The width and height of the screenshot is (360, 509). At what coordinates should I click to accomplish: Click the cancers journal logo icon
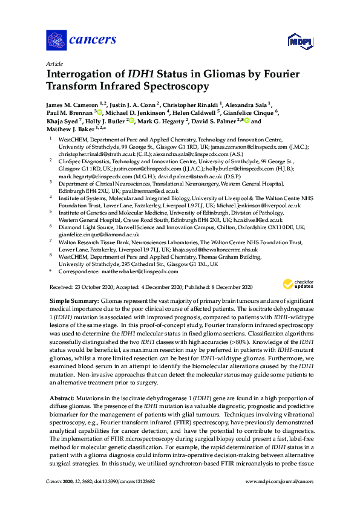click(57, 41)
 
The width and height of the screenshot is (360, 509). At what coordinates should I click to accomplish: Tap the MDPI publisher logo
click(298, 41)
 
